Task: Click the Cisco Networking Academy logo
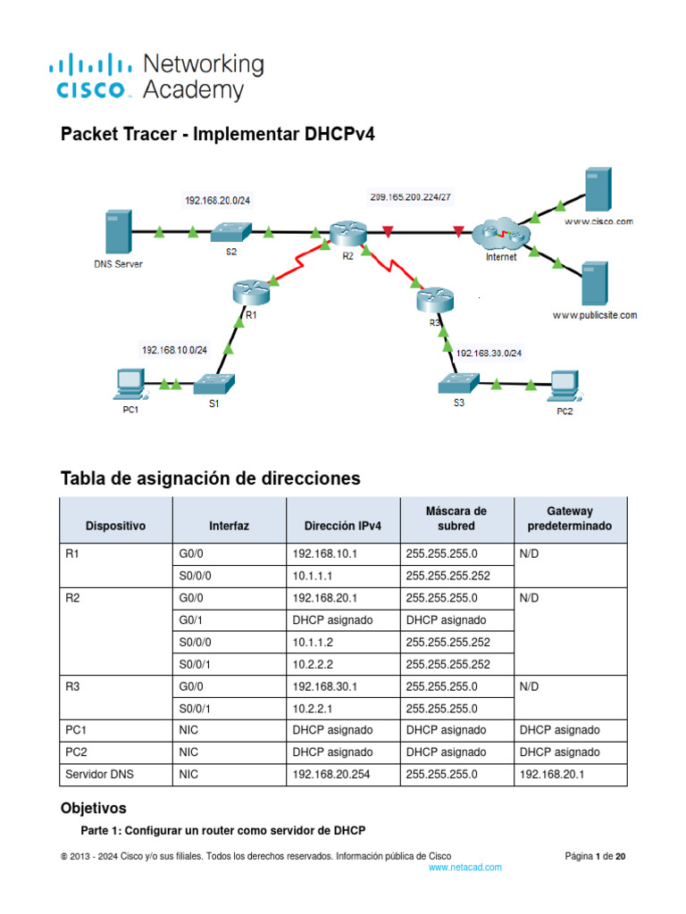tap(156, 76)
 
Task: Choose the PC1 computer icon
tap(130, 384)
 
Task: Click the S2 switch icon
tap(231, 231)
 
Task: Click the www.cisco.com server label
tap(598, 220)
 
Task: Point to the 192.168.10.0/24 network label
tap(174, 351)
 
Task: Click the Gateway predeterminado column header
tap(569, 519)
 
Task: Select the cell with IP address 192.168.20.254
tap(330, 775)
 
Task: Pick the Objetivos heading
tap(93, 809)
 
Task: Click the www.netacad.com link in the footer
tap(464, 867)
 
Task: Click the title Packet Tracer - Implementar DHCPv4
tap(217, 135)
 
